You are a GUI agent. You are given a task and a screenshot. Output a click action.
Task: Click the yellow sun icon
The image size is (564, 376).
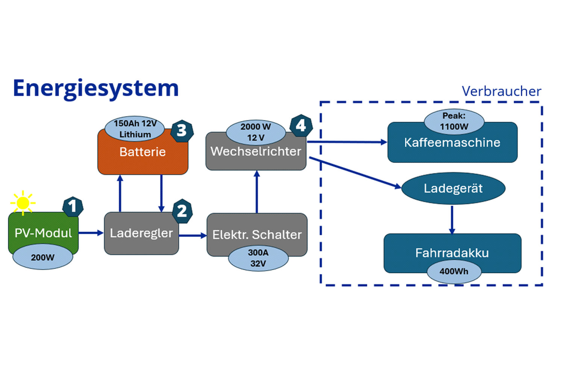[23, 203]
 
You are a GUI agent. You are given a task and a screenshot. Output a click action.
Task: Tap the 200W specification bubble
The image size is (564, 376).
[42, 258]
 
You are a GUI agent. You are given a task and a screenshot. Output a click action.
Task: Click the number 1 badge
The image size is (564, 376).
[73, 206]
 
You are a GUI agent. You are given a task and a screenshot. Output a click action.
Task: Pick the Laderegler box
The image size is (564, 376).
[141, 233]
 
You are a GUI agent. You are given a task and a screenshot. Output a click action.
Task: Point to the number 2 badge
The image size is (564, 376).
[182, 211]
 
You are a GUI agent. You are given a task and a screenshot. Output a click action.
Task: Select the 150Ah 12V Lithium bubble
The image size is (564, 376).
[135, 129]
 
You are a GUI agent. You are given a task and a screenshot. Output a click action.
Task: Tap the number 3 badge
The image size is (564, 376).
[182, 130]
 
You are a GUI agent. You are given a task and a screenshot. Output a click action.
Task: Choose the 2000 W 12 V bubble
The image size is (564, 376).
[256, 132]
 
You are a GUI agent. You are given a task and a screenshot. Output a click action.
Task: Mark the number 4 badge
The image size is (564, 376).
[301, 126]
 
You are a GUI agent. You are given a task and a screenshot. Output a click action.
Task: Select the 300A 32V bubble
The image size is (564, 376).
[258, 258]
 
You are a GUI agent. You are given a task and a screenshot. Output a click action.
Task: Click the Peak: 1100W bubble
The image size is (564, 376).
[454, 121]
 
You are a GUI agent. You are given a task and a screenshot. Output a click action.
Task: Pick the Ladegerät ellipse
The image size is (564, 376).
[453, 188]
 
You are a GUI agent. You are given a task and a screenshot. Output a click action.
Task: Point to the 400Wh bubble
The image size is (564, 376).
[454, 271]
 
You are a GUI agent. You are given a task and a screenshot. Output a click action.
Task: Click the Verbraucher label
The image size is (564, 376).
[501, 91]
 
